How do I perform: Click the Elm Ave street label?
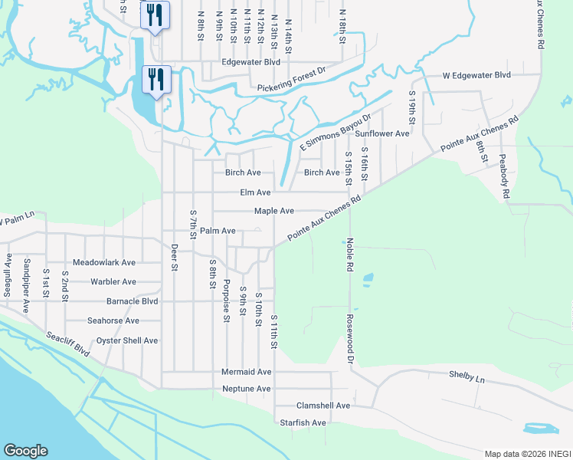pyautogui.click(x=255, y=192)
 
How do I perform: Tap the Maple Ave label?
pyautogui.click(x=274, y=211)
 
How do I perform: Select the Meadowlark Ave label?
pyautogui.click(x=104, y=262)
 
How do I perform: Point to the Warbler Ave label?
pyautogui.click(x=113, y=282)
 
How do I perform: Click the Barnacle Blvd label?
pyautogui.click(x=132, y=301)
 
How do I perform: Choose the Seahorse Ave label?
pyautogui.click(x=113, y=320)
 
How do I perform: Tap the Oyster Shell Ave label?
pyautogui.click(x=126, y=340)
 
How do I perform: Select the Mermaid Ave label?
pyautogui.click(x=247, y=372)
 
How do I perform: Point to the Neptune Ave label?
pyautogui.click(x=246, y=389)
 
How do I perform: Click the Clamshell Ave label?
pyautogui.click(x=323, y=406)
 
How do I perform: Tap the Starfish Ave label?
pyautogui.click(x=303, y=422)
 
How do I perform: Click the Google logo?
pyautogui.click(x=25, y=451)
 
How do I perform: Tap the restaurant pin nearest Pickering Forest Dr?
pyautogui.click(x=155, y=80)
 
